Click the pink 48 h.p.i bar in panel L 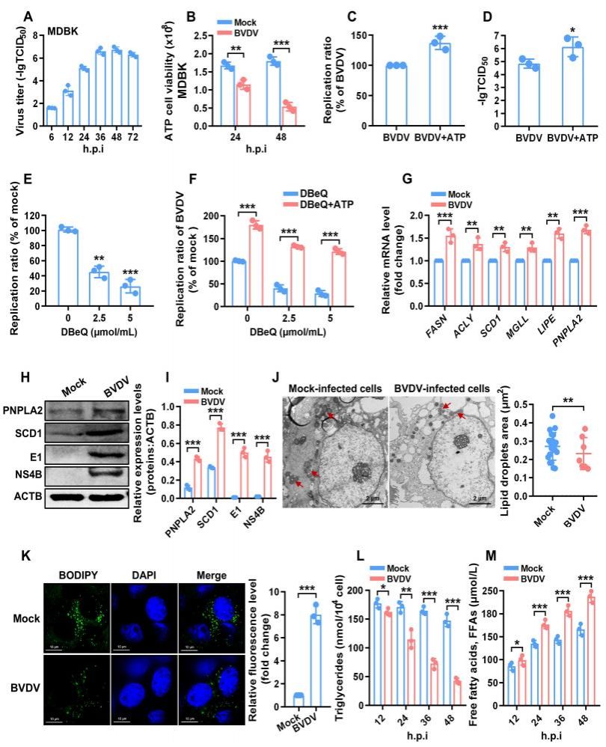point(456,683)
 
